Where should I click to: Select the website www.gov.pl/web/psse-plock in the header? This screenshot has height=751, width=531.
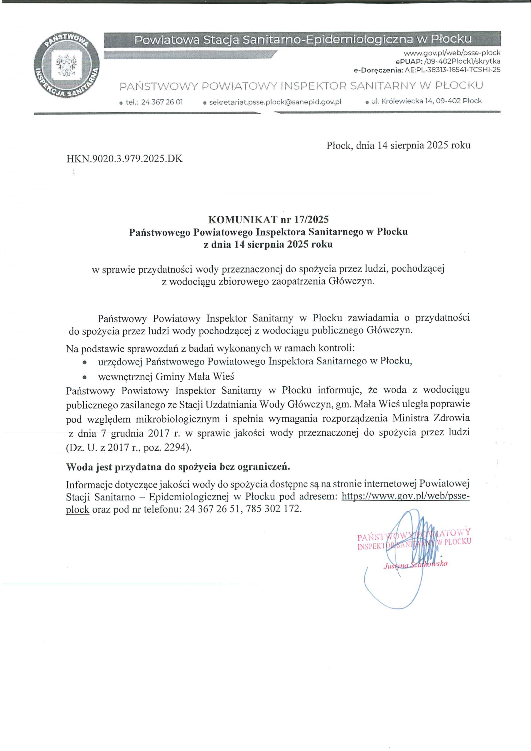pos(452,53)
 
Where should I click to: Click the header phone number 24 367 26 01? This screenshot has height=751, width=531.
pos(162,102)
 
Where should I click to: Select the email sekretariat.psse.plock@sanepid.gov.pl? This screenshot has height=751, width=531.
pos(275,102)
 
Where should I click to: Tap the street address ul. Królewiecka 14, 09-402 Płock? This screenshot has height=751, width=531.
pos(426,102)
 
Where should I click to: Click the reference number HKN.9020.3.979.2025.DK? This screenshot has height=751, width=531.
pos(124,159)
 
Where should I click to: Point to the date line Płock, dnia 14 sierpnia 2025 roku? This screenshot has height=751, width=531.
pos(398,146)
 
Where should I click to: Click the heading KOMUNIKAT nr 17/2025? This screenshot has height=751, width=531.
pos(269,219)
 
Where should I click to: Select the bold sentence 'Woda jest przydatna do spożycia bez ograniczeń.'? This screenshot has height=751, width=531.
pos(178,467)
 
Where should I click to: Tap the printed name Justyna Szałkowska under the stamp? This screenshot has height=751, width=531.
pos(415,564)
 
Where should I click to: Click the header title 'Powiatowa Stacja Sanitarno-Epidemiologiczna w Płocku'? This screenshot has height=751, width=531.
pos(303,40)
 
